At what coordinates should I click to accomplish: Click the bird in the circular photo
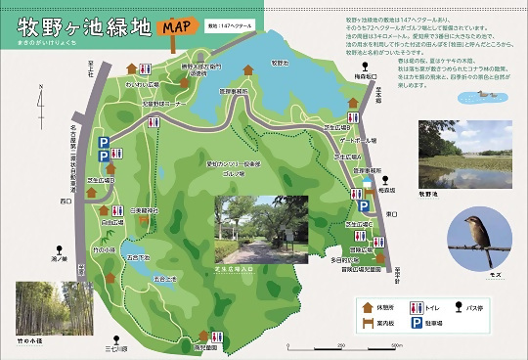pyautogui.click(x=477, y=236)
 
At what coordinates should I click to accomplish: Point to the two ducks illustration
pyautogui.click(x=486, y=95)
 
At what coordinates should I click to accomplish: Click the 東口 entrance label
pyautogui.click(x=390, y=213)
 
